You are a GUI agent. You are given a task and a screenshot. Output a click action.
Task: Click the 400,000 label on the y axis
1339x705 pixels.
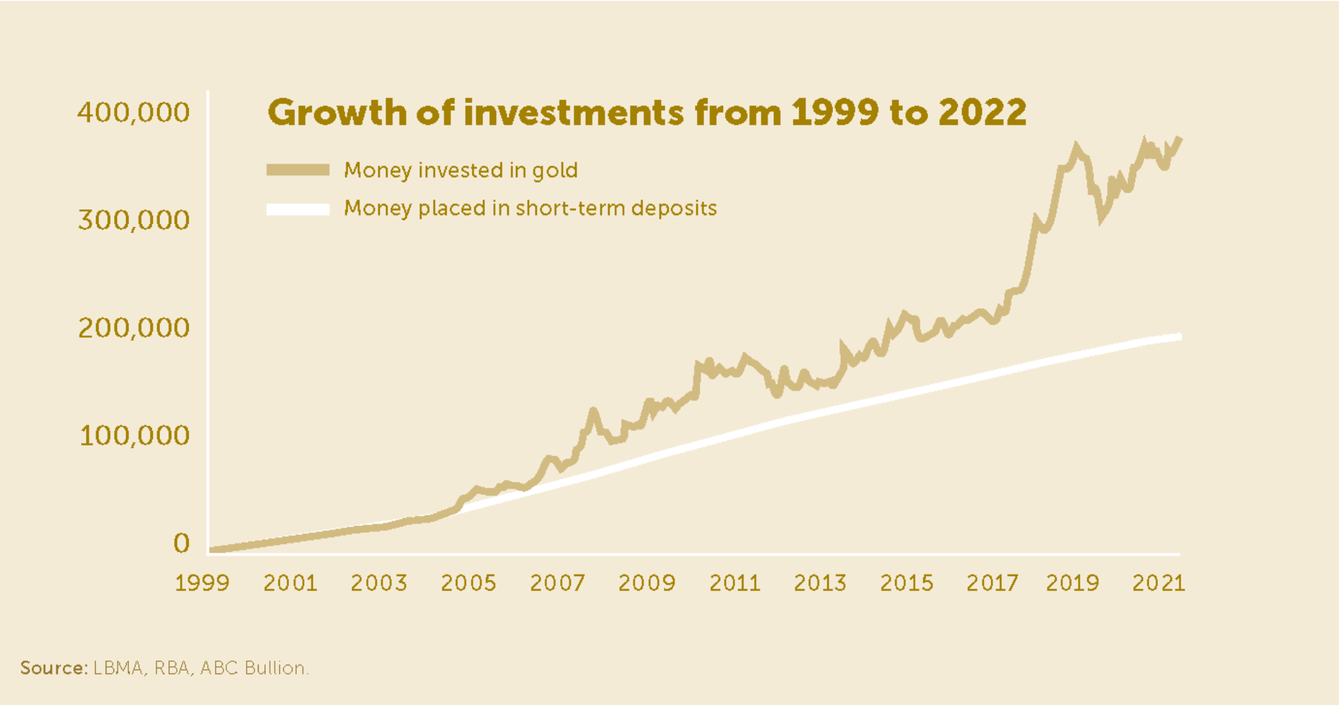134,113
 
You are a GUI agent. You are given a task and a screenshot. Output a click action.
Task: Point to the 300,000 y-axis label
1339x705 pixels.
134,221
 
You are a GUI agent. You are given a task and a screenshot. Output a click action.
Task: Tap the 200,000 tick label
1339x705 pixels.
134,328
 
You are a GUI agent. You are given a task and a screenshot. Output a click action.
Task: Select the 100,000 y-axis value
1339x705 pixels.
134,436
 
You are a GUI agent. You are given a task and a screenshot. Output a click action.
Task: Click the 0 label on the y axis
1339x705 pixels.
182,543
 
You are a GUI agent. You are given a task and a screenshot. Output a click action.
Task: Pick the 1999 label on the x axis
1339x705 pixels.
202,583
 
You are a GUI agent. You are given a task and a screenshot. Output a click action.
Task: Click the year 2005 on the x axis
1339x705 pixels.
469,583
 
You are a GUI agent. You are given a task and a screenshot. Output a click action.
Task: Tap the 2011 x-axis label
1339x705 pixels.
735,583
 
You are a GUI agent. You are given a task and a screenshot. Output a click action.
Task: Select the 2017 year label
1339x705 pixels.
992,583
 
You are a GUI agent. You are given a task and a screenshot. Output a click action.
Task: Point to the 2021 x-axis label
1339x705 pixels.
1159,583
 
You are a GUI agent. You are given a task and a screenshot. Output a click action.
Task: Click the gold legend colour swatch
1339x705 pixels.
297,170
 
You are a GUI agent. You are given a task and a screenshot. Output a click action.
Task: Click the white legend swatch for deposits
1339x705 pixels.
297,209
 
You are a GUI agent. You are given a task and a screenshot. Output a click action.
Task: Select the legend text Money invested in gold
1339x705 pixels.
461,171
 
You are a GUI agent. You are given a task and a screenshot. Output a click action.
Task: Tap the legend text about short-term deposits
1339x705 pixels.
530,209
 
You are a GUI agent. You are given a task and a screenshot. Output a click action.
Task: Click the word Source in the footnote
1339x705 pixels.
53,668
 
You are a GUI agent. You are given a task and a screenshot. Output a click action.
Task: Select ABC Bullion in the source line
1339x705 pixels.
254,668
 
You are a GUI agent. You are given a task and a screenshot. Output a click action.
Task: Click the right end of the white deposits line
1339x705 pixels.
1179,337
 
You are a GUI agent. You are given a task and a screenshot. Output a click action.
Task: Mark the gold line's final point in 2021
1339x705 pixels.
1180,140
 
